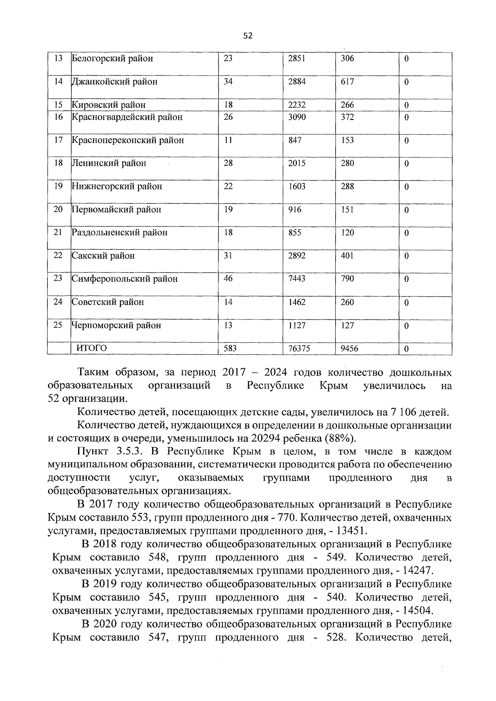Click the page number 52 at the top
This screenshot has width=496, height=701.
pos(248,36)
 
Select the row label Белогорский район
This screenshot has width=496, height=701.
pos(112,59)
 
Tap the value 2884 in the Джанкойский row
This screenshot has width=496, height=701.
pos(297,82)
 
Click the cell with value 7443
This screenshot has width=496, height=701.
pos(297,279)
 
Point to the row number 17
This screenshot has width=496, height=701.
pos(58,140)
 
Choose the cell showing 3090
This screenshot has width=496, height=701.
pos(297,117)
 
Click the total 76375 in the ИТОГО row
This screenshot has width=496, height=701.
pos(299,349)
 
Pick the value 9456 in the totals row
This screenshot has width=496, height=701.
pos(349,349)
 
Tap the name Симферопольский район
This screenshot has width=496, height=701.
pos(125,279)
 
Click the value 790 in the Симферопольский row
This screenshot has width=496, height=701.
pos(347,279)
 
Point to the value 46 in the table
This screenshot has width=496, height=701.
pos(228,279)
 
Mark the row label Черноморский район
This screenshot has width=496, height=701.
pos(117,326)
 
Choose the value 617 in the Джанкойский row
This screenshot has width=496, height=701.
pos(347,82)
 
